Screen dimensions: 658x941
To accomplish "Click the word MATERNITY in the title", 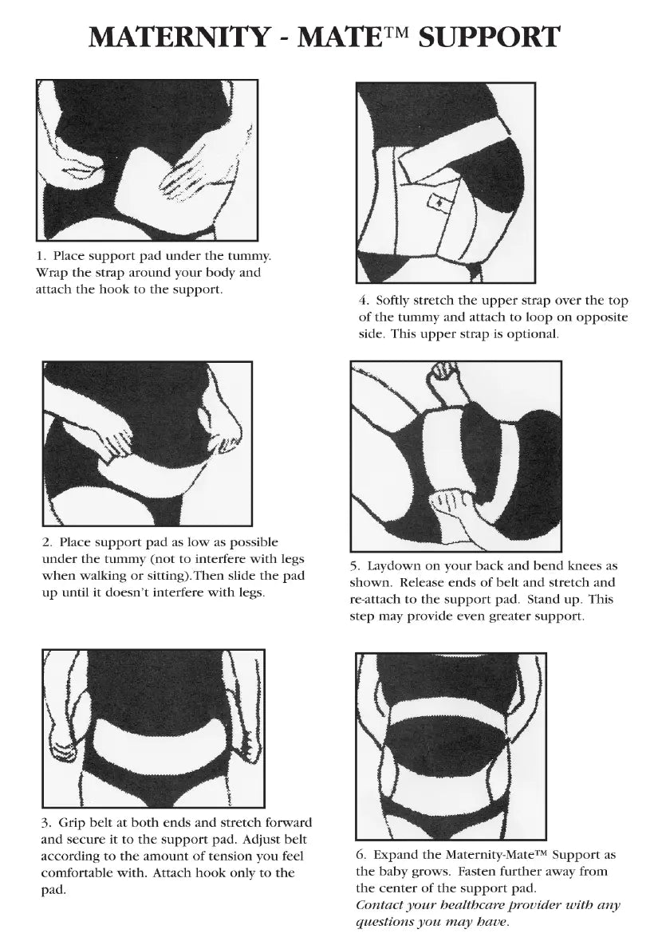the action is coord(179,37).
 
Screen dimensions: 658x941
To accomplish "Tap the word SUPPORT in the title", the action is coord(489,37).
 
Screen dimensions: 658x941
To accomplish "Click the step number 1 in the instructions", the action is coord(40,256).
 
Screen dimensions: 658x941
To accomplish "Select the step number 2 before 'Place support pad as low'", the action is coord(47,542).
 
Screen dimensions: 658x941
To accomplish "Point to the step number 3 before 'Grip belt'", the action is coord(46,823).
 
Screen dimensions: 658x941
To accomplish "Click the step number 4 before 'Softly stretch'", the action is coord(364,301).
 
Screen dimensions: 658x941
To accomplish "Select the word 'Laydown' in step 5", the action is coord(393,566).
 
